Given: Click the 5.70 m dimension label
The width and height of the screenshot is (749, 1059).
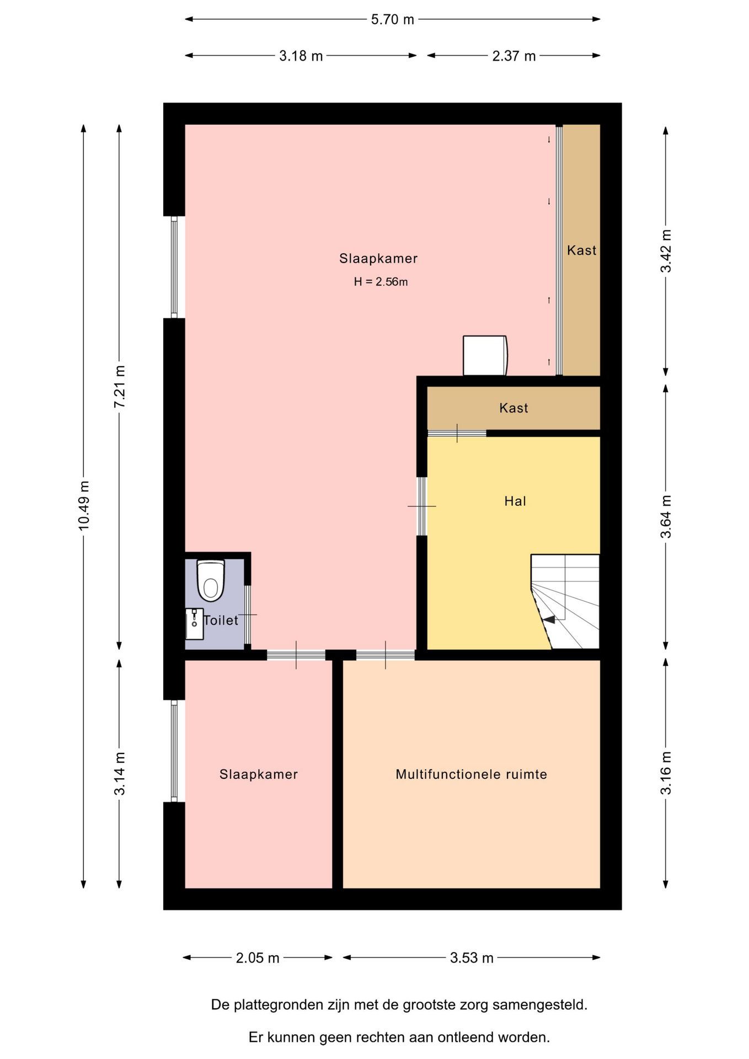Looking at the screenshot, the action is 392,20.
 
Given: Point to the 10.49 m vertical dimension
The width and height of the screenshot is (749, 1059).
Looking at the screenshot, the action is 84,506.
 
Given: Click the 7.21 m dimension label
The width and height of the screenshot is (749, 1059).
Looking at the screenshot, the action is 120,387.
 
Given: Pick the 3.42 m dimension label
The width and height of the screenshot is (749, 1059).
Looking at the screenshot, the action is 666,251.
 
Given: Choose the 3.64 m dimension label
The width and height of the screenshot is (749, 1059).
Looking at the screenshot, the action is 666,517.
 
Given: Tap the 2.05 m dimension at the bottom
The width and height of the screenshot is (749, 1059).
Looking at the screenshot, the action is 258,958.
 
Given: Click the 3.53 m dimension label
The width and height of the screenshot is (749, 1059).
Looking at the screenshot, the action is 472,958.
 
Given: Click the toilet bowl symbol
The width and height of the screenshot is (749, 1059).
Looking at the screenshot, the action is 211,581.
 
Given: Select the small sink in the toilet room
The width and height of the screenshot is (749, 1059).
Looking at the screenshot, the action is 194,624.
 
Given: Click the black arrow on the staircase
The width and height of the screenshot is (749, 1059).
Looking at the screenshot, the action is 548,620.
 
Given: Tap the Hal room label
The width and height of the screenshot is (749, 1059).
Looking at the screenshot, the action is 515,501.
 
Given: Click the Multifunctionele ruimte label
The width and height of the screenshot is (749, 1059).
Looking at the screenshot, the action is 472,774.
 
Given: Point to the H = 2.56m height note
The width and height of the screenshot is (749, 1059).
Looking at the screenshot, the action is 381,282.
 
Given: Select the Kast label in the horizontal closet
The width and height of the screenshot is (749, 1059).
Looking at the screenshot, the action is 513,408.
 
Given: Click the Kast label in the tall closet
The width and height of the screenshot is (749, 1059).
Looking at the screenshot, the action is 582,250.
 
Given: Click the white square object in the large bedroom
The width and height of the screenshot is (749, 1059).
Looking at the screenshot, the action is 485,356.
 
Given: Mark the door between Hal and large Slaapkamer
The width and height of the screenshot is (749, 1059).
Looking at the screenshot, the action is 422,506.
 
